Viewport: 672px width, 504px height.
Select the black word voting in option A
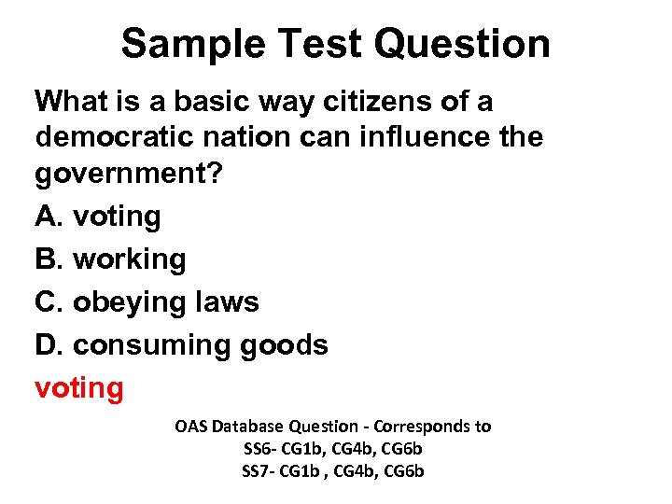click(x=117, y=217)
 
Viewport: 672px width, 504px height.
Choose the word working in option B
click(x=130, y=259)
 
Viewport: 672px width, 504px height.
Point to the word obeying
click(x=129, y=302)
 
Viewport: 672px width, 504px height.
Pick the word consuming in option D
click(x=152, y=345)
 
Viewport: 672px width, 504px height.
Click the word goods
click(x=285, y=344)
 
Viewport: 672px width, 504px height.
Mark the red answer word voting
click(x=78, y=387)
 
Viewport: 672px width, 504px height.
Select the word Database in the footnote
click(x=248, y=427)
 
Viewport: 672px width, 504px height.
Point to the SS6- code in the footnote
click(x=259, y=449)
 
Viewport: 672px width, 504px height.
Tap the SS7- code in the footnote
click(x=259, y=471)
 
